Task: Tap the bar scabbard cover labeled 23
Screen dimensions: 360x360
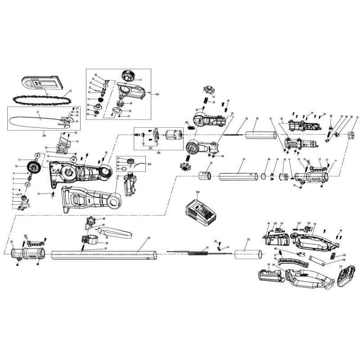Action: click(39, 84)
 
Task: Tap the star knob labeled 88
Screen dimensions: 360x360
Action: click(91, 221)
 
